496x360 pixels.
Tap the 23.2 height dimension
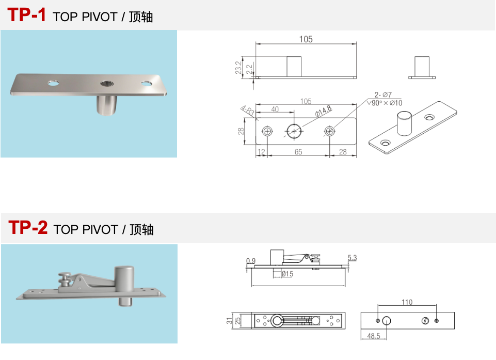tap(238, 67)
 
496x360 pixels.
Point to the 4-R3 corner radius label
tap(247, 111)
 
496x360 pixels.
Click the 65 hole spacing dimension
tap(298, 151)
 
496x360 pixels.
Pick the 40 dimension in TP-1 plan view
tap(275, 109)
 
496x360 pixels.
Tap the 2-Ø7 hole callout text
tap(383, 95)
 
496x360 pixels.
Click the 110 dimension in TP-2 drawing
tap(407, 302)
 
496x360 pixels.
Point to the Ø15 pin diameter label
tap(287, 274)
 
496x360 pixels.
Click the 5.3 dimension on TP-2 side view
tap(353, 258)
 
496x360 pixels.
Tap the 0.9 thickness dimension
tap(251, 261)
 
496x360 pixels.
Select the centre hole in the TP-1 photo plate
tap(107, 83)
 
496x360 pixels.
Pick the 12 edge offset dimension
tap(262, 151)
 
